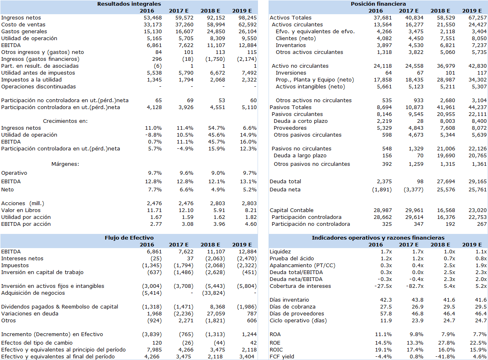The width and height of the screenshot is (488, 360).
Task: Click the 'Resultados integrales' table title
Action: point(129,4)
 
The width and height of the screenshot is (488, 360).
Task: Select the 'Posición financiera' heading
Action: point(378,4)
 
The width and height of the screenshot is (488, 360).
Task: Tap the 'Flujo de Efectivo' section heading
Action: point(129,238)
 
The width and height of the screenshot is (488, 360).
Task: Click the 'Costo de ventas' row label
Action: point(23,25)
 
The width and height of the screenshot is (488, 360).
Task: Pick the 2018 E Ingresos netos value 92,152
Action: point(216,17)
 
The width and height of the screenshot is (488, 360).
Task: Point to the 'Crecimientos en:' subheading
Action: point(65,121)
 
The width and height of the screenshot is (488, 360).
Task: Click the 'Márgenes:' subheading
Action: point(65,164)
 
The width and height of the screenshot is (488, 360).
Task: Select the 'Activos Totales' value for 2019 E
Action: point(477,17)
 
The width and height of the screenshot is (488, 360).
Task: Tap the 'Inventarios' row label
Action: point(290,45)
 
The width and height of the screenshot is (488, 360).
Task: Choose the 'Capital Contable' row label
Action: point(292,210)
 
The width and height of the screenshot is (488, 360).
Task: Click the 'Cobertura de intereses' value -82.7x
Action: point(415,286)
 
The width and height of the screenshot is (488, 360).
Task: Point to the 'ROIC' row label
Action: point(276,350)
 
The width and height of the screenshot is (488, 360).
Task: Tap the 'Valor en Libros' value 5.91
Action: point(219,210)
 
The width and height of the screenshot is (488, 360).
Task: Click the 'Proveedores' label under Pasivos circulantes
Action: point(290,128)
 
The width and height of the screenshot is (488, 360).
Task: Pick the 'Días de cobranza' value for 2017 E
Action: point(417,307)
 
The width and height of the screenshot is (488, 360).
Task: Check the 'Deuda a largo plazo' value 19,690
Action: point(446,156)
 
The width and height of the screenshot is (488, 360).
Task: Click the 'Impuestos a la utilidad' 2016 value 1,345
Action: point(154,79)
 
